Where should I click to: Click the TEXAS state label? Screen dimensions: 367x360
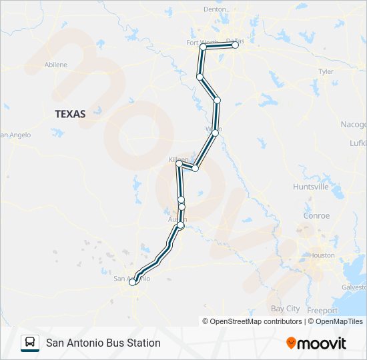[x=70, y=114]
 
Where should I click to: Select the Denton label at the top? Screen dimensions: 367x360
[x=215, y=9]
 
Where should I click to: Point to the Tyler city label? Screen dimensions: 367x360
[x=326, y=71]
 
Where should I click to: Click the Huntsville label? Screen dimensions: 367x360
[x=311, y=187]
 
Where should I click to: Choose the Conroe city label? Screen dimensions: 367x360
[x=316, y=215]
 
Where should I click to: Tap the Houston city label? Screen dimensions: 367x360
[x=322, y=255]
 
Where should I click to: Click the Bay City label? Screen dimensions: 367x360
[x=285, y=309]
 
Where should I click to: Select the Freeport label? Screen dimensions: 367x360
[x=322, y=311]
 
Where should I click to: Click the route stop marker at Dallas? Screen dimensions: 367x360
[x=235, y=45]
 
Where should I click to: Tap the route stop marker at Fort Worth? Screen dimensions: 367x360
[x=203, y=47]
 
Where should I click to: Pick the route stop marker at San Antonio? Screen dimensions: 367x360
[x=132, y=283]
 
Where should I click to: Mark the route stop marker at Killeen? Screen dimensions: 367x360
[x=179, y=164]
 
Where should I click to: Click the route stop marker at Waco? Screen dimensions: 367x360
[x=215, y=133]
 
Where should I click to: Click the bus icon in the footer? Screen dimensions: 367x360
[x=30, y=343]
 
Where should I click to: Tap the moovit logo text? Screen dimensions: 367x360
[x=322, y=343]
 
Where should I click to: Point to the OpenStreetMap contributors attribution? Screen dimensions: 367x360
[x=252, y=321]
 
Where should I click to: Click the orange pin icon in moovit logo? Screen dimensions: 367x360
[x=291, y=343]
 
